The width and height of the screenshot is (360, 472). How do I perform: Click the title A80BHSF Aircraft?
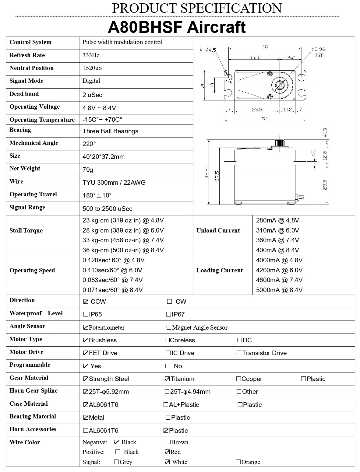click(177, 27)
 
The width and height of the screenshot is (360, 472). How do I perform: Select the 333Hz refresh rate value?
click(91, 55)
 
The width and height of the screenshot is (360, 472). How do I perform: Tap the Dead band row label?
click(24, 94)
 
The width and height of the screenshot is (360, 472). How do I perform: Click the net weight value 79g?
click(88, 170)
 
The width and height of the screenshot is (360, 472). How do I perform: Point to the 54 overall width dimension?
click(265, 119)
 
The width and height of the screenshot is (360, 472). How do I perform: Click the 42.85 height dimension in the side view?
click(206, 172)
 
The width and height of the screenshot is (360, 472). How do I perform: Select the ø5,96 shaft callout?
click(318, 49)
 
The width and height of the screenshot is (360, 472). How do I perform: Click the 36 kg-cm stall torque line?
click(123, 250)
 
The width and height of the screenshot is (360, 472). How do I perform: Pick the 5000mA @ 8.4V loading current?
click(279, 290)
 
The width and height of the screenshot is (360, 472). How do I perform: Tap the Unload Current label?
click(218, 231)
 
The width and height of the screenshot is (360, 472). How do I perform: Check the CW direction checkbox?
click(170, 302)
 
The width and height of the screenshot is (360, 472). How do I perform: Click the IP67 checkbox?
click(168, 314)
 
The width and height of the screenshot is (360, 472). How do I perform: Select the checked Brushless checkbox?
click(86, 340)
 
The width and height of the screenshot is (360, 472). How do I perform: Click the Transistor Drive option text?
click(264, 353)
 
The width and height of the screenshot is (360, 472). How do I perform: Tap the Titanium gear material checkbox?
click(167, 379)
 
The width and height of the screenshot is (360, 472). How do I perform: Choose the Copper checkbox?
click(238, 379)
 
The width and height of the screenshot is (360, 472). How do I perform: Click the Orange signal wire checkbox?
click(238, 462)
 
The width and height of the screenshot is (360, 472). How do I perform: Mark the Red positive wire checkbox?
click(167, 452)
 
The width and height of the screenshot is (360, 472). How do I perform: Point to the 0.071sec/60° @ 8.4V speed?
click(113, 290)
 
